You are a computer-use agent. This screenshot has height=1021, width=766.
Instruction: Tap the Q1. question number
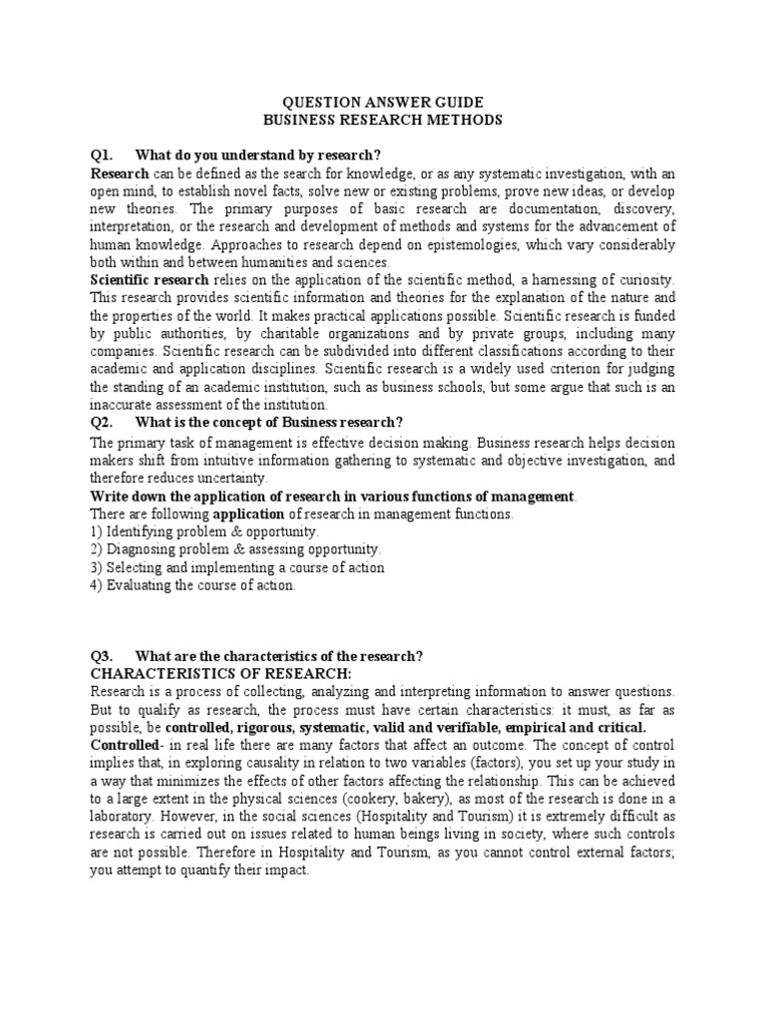[x=103, y=155]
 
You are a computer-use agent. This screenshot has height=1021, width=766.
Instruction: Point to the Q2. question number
[x=103, y=423]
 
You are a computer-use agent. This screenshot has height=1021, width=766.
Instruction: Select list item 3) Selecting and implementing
[x=236, y=567]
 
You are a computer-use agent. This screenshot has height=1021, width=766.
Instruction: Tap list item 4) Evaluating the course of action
[x=192, y=585]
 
